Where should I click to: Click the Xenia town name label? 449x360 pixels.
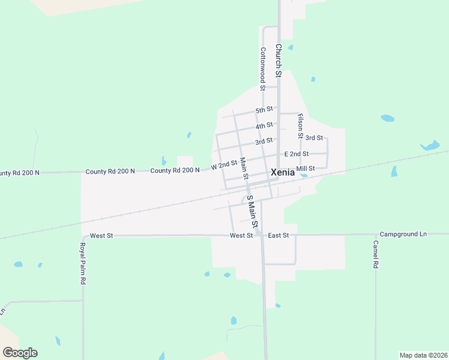point(283,172)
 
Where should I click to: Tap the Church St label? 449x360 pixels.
point(278,61)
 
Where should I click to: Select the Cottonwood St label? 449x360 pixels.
point(262,69)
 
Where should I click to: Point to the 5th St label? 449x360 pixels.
point(264,110)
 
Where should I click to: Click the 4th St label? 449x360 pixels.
point(264,125)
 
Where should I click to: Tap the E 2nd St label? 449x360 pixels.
point(297,154)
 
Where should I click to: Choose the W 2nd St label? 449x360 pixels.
point(224,164)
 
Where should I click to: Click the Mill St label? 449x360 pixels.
point(306,169)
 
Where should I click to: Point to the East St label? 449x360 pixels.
point(279,236)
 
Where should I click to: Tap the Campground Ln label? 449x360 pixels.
point(403,233)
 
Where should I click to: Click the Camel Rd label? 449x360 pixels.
point(375,254)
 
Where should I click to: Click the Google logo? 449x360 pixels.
point(20,353)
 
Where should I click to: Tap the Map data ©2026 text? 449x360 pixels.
point(423,355)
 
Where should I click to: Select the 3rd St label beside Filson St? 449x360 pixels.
point(314,138)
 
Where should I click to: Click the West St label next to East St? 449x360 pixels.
point(241,236)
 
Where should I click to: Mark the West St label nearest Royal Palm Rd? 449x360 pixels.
point(101,236)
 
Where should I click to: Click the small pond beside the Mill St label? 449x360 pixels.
point(304,175)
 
